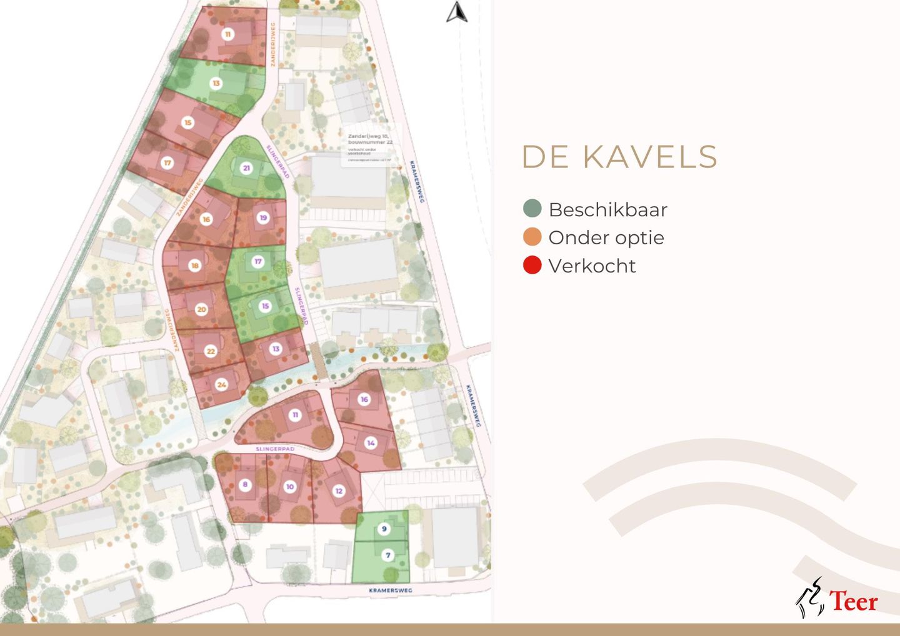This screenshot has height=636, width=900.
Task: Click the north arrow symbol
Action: click(457, 12)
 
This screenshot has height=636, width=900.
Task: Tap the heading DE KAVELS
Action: click(619, 157)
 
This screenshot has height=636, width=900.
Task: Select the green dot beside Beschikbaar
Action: click(532, 209)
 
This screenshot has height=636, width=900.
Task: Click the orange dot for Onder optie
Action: click(532, 237)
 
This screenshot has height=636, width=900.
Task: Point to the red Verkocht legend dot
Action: click(532, 265)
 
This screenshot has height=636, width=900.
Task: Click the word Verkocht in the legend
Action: click(592, 266)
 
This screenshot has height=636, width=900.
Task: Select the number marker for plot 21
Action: click(246, 167)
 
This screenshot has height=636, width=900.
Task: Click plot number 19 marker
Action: click(263, 217)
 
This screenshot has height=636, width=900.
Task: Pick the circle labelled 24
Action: click(221, 384)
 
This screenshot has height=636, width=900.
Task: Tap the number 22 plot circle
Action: click(211, 351)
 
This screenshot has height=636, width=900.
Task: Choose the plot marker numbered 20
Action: click(201, 309)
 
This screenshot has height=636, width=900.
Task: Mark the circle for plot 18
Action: click(194, 265)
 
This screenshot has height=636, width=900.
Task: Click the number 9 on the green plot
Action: click(384, 529)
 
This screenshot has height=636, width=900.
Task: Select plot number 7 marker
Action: click(387, 555)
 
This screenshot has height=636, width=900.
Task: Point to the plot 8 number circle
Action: click(245, 484)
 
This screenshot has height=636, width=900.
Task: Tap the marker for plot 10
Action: click(289, 487)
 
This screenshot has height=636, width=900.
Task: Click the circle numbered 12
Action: click(339, 490)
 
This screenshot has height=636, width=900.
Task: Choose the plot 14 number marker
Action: click(371, 442)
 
